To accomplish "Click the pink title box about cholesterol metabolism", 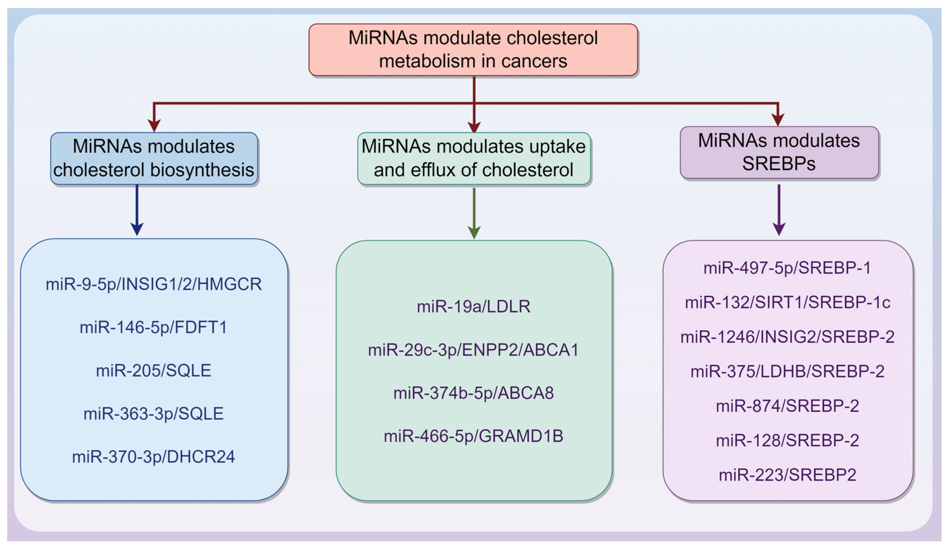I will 473,49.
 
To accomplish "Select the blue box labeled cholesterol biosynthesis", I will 154,158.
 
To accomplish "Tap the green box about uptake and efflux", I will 474,158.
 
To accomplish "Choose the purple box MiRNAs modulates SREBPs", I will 779,152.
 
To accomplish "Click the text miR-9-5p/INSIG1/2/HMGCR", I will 154,284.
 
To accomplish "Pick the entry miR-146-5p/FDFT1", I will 154,327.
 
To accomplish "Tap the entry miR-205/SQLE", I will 154,370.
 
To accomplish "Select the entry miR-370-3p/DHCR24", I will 154,457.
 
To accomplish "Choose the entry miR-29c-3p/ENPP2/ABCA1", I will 474,350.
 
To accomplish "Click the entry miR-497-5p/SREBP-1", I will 787,268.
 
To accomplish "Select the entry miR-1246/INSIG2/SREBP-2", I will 787,337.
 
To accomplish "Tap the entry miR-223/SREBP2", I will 787,475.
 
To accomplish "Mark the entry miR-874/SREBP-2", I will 787,405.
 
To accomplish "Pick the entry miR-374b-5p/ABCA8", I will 474,393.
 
